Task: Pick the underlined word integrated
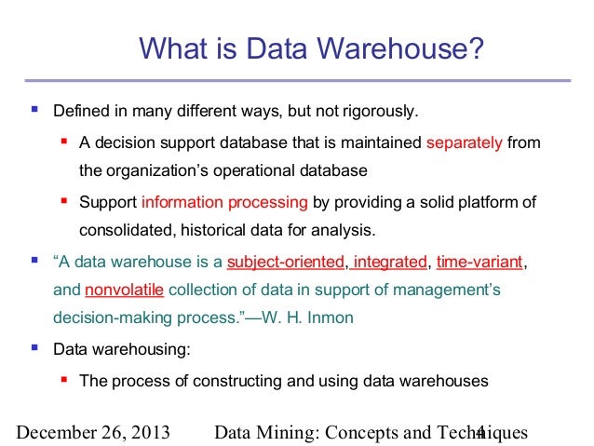pyautogui.click(x=390, y=261)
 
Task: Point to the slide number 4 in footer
pyautogui.click(x=480, y=432)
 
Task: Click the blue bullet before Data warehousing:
pyautogui.click(x=35, y=349)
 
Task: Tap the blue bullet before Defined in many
pyautogui.click(x=35, y=112)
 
